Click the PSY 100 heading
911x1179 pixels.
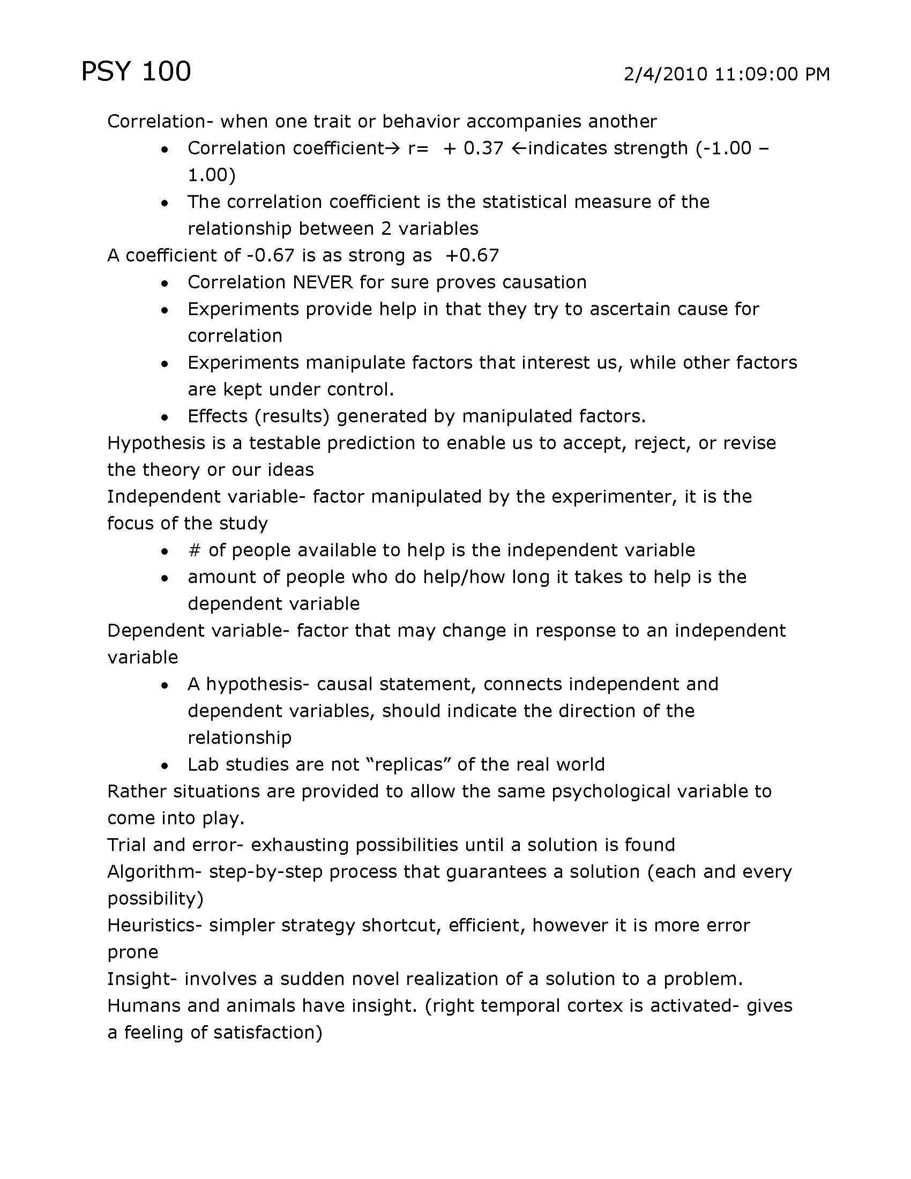tap(136, 72)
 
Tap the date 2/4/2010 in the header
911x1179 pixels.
tap(666, 74)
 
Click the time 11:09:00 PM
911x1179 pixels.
tap(772, 74)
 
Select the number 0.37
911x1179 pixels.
tap(483, 148)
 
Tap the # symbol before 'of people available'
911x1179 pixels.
tap(195, 550)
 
